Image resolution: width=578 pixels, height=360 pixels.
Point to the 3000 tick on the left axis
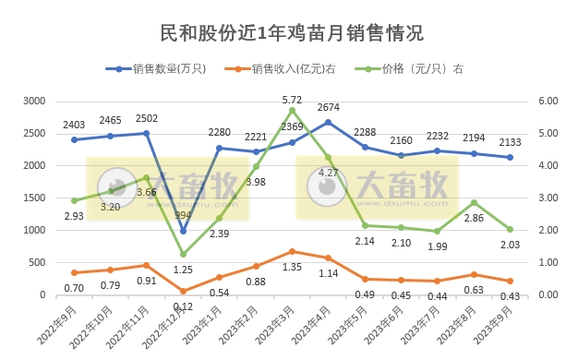[x=34, y=101]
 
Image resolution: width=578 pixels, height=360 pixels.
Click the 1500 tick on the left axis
[x=34, y=198]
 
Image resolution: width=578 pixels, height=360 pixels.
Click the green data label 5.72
[x=292, y=100]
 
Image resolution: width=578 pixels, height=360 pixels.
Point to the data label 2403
[x=74, y=124]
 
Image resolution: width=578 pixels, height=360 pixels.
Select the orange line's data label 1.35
[x=292, y=267]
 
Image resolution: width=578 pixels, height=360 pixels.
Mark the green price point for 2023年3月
[x=292, y=110]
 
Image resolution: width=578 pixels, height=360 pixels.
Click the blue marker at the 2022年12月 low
[x=183, y=231]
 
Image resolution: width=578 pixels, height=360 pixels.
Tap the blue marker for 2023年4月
[x=328, y=122]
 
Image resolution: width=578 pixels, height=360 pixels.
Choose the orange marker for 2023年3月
[x=292, y=251]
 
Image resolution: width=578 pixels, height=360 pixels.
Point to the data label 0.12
[x=183, y=306]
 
